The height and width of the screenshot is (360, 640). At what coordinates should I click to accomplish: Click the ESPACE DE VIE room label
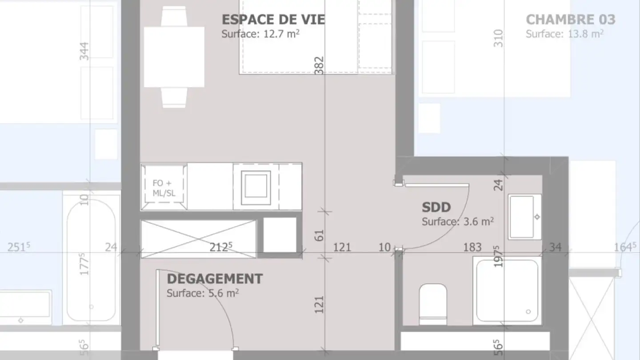(x=273, y=20)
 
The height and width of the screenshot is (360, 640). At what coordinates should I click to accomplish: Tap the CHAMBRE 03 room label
(x=570, y=20)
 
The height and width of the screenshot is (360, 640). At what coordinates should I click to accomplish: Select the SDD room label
(x=436, y=208)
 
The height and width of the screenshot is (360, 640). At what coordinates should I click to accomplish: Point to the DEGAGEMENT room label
(x=215, y=279)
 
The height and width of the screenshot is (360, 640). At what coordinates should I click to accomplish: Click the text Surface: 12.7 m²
(x=260, y=34)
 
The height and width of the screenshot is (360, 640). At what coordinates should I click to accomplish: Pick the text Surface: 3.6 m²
(x=457, y=221)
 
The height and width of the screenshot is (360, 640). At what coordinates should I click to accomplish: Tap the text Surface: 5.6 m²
(x=203, y=293)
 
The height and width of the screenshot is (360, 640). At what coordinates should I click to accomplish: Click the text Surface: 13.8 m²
(x=564, y=34)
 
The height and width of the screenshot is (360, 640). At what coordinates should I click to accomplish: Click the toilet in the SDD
(x=432, y=304)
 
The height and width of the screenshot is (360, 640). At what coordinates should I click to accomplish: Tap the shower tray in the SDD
(x=507, y=290)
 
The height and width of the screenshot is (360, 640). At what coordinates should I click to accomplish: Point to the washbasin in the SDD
(x=524, y=217)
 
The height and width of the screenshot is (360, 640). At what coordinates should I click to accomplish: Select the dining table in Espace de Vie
(x=174, y=56)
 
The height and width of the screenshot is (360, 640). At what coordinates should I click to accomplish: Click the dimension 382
(x=319, y=65)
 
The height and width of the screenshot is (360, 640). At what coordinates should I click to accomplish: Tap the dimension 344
(x=84, y=51)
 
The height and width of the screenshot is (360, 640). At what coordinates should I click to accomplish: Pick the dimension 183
(x=472, y=248)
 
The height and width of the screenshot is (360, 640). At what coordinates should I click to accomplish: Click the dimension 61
(x=319, y=235)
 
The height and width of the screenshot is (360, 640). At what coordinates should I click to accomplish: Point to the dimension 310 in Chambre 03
(x=498, y=38)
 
